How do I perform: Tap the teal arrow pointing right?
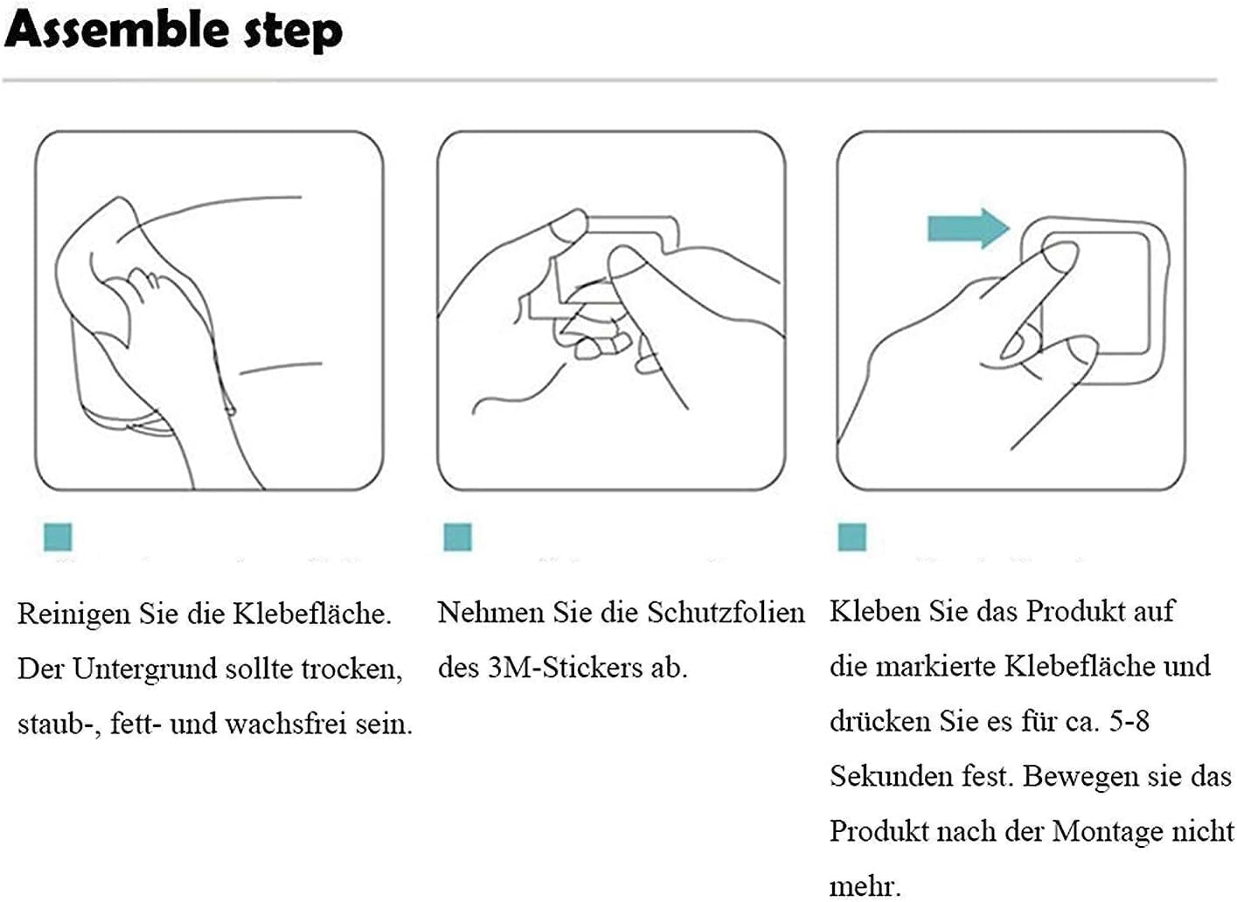tap(968, 228)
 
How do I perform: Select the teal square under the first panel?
tap(58, 538)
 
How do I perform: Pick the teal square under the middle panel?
tap(458, 538)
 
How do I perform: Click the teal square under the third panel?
tap(852, 538)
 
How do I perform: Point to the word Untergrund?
tap(144, 669)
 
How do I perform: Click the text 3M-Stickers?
tap(565, 668)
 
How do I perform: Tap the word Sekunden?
tap(891, 776)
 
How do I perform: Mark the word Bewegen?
tap(1080, 777)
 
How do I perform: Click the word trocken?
tap(351, 670)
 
